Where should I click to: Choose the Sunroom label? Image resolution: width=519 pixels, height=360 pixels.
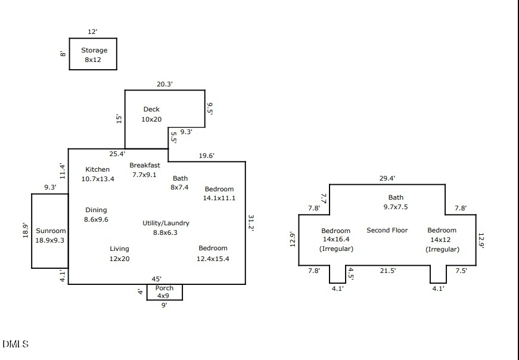51,231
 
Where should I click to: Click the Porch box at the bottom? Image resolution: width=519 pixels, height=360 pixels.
164,292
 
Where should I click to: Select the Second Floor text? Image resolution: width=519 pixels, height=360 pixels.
387,230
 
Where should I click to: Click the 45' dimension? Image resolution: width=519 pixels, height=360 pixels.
156,278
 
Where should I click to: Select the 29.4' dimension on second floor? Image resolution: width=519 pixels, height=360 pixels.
387,178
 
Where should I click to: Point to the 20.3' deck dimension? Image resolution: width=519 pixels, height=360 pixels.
164,84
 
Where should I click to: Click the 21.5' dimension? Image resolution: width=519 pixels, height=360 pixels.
387,271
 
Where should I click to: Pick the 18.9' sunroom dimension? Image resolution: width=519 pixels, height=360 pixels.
25,231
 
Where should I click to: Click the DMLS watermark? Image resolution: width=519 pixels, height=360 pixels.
15,345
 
